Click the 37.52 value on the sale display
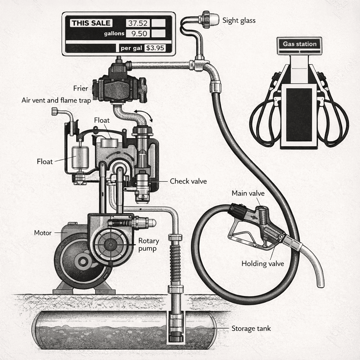pyautogui.click(x=138, y=24)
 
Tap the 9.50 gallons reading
pyautogui.click(x=138, y=33)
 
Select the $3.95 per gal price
pyautogui.click(x=155, y=48)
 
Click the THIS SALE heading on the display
pyautogui.click(x=91, y=24)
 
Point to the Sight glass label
pyautogui.click(x=239, y=20)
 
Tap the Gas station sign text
pyautogui.click(x=300, y=44)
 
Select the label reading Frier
pyautogui.click(x=81, y=88)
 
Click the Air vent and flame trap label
pyautogui.click(x=56, y=101)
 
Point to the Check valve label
pyautogui.click(x=188, y=181)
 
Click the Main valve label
pyautogui.click(x=248, y=193)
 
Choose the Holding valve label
pyautogui.click(x=263, y=263)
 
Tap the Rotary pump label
pyautogui.click(x=149, y=244)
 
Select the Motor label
pyautogui.click(x=43, y=233)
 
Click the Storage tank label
pyautogui.click(x=251, y=329)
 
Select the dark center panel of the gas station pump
pyautogui.click(x=299, y=114)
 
